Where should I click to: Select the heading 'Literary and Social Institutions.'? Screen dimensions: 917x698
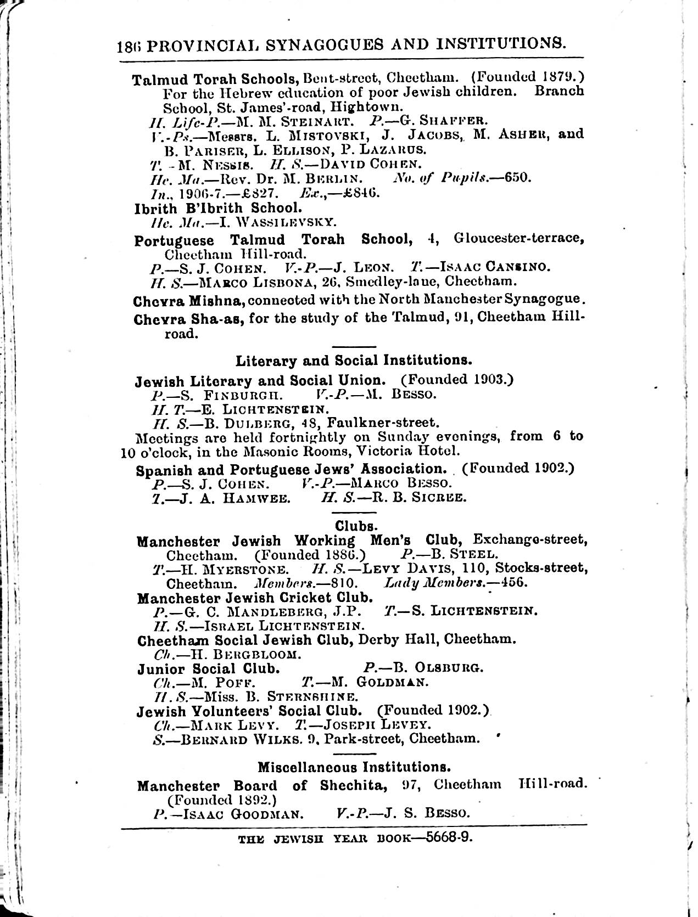(x=354, y=361)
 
